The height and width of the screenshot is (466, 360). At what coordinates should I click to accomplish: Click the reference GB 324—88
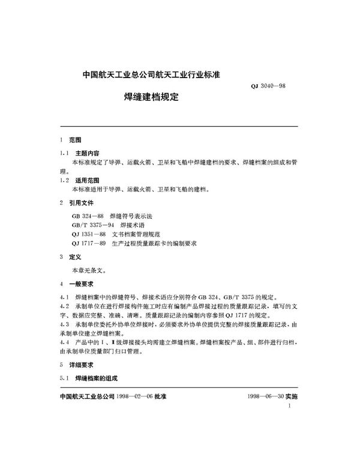[x=88, y=215]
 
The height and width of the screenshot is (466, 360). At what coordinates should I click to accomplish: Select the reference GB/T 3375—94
[x=92, y=224]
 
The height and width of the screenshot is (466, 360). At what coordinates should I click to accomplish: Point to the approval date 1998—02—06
[x=136, y=397]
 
